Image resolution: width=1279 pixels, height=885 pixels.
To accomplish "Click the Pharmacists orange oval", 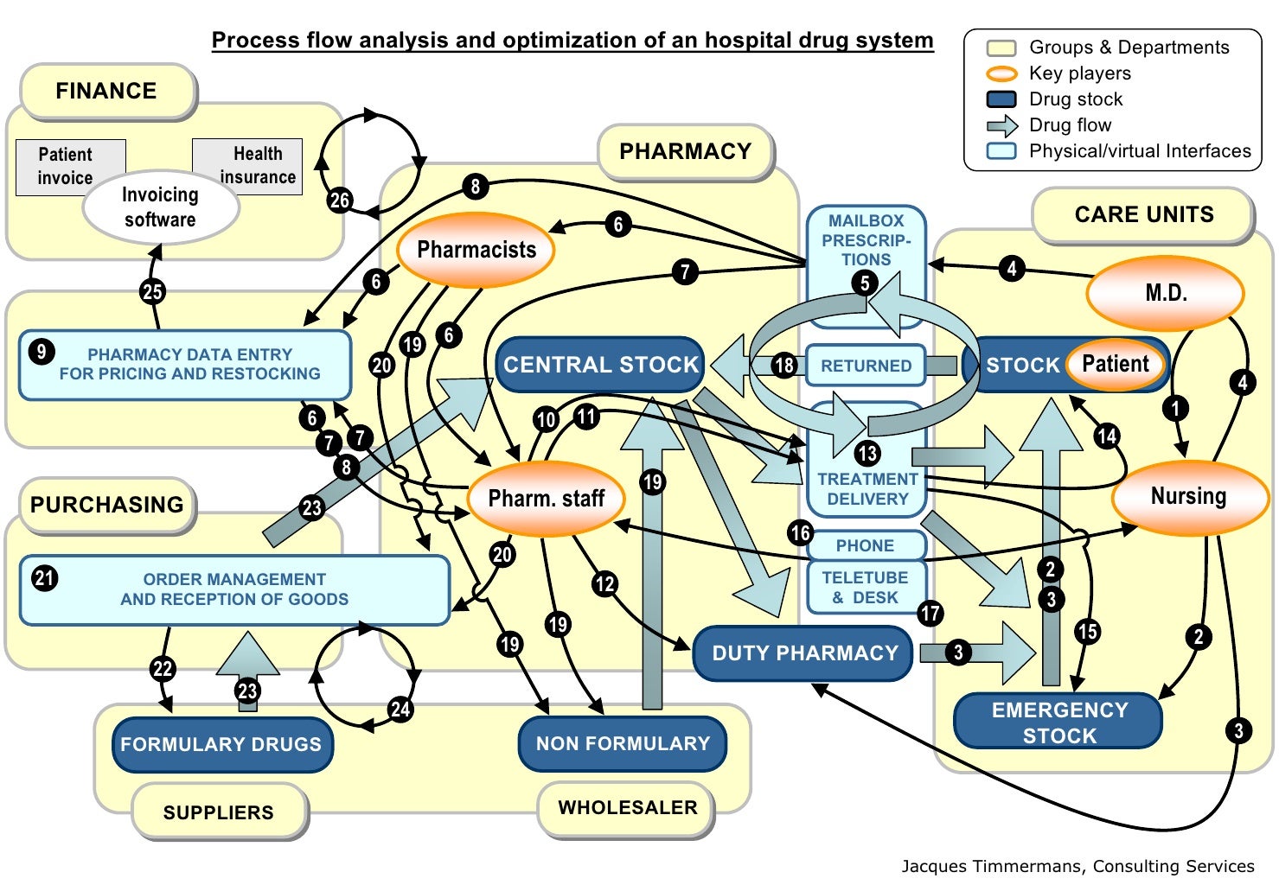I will [476, 250].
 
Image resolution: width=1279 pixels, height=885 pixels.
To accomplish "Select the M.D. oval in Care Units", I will [1165, 293].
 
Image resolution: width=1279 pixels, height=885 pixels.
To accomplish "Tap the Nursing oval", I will [1187, 496].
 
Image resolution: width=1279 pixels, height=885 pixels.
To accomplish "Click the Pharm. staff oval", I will [546, 499].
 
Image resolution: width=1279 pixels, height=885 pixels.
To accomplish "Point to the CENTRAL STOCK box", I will [600, 365].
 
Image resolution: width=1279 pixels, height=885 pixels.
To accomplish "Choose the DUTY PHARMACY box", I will [803, 653].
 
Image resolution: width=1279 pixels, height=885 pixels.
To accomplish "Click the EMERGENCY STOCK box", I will [1058, 723].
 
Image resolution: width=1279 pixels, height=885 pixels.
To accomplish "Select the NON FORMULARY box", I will [622, 743].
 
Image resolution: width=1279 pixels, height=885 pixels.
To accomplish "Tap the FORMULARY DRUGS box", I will [221, 744].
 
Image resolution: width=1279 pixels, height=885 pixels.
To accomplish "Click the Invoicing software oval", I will [161, 207].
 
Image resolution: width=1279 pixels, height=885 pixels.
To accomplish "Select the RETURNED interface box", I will [866, 366].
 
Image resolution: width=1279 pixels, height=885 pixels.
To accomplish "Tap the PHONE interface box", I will [865, 545].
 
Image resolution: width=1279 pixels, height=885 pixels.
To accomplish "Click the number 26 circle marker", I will [339, 201].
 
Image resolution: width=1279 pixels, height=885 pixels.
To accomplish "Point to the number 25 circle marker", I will [152, 291].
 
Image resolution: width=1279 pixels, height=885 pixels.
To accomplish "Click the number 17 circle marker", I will [930, 614].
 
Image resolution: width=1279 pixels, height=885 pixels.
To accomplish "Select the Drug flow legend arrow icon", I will [1002, 125].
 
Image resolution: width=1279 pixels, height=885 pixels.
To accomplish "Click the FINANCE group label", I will [106, 91].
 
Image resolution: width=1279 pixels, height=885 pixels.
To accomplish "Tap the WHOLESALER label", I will [627, 808].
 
